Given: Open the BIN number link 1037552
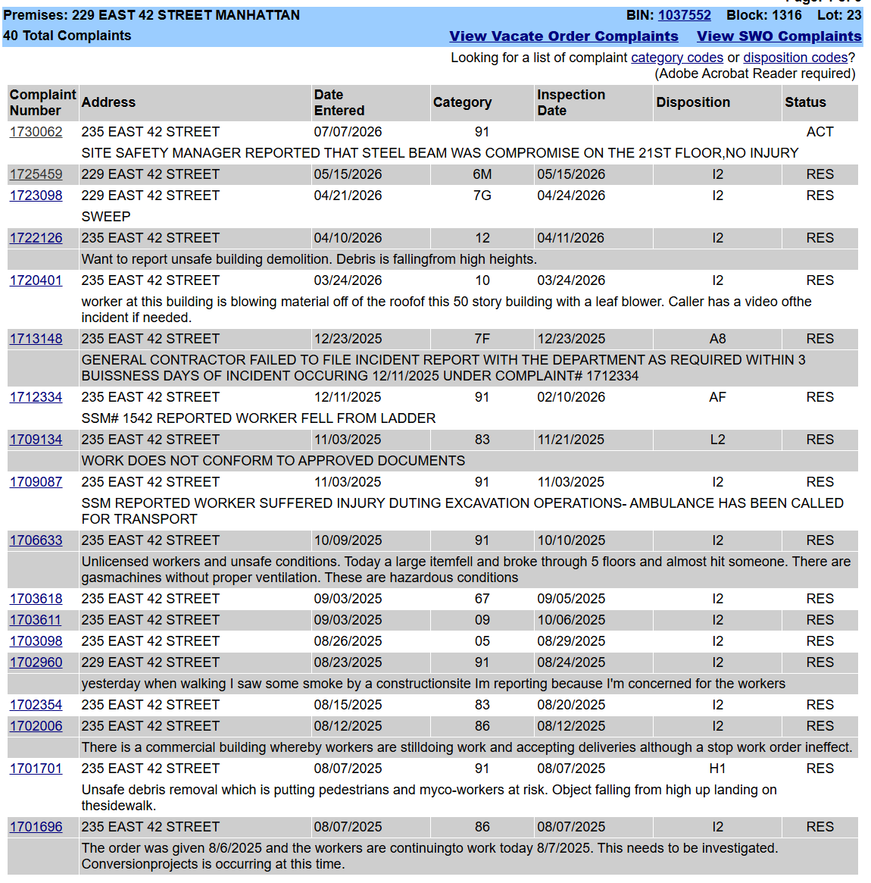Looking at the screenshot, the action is pyautogui.click(x=684, y=15).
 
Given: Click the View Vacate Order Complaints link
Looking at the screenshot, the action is pyautogui.click(x=563, y=36).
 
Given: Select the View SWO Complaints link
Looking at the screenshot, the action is pyautogui.click(x=779, y=36).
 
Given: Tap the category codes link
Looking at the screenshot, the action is pyautogui.click(x=677, y=58).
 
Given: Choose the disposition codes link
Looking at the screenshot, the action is pyautogui.click(x=795, y=58).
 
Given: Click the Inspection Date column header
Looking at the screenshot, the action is pyautogui.click(x=571, y=102).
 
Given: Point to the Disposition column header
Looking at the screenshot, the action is pyautogui.click(x=693, y=102).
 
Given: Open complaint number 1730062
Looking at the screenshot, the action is pyautogui.click(x=36, y=132).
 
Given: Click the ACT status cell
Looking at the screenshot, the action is pyautogui.click(x=819, y=132).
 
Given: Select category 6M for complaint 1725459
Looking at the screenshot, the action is pyautogui.click(x=482, y=174).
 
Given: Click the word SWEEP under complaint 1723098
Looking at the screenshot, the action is pyautogui.click(x=106, y=217).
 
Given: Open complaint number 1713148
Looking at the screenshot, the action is pyautogui.click(x=36, y=339).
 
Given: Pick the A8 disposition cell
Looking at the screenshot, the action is pyautogui.click(x=717, y=339).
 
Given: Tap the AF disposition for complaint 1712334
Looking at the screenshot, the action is pyautogui.click(x=717, y=398).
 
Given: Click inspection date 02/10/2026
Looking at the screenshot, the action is pyautogui.click(x=571, y=398).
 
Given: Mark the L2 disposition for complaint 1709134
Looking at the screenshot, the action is pyautogui.click(x=717, y=440).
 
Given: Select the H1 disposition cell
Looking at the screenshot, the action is pyautogui.click(x=717, y=769).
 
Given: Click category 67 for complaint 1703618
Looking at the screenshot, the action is pyautogui.click(x=482, y=599).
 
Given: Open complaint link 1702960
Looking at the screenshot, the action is pyautogui.click(x=36, y=662).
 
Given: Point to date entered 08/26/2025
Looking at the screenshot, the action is pyautogui.click(x=348, y=641).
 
